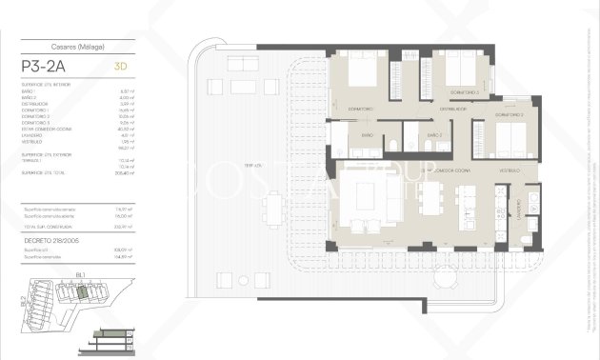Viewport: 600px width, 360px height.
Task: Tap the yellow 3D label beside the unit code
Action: pos(120,68)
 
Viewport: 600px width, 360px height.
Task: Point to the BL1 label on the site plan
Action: pos(81,274)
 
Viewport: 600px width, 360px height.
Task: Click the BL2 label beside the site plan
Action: pos(21,304)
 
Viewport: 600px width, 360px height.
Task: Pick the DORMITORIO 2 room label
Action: pos(510,114)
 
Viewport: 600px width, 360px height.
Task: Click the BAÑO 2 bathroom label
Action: pos(434,136)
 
